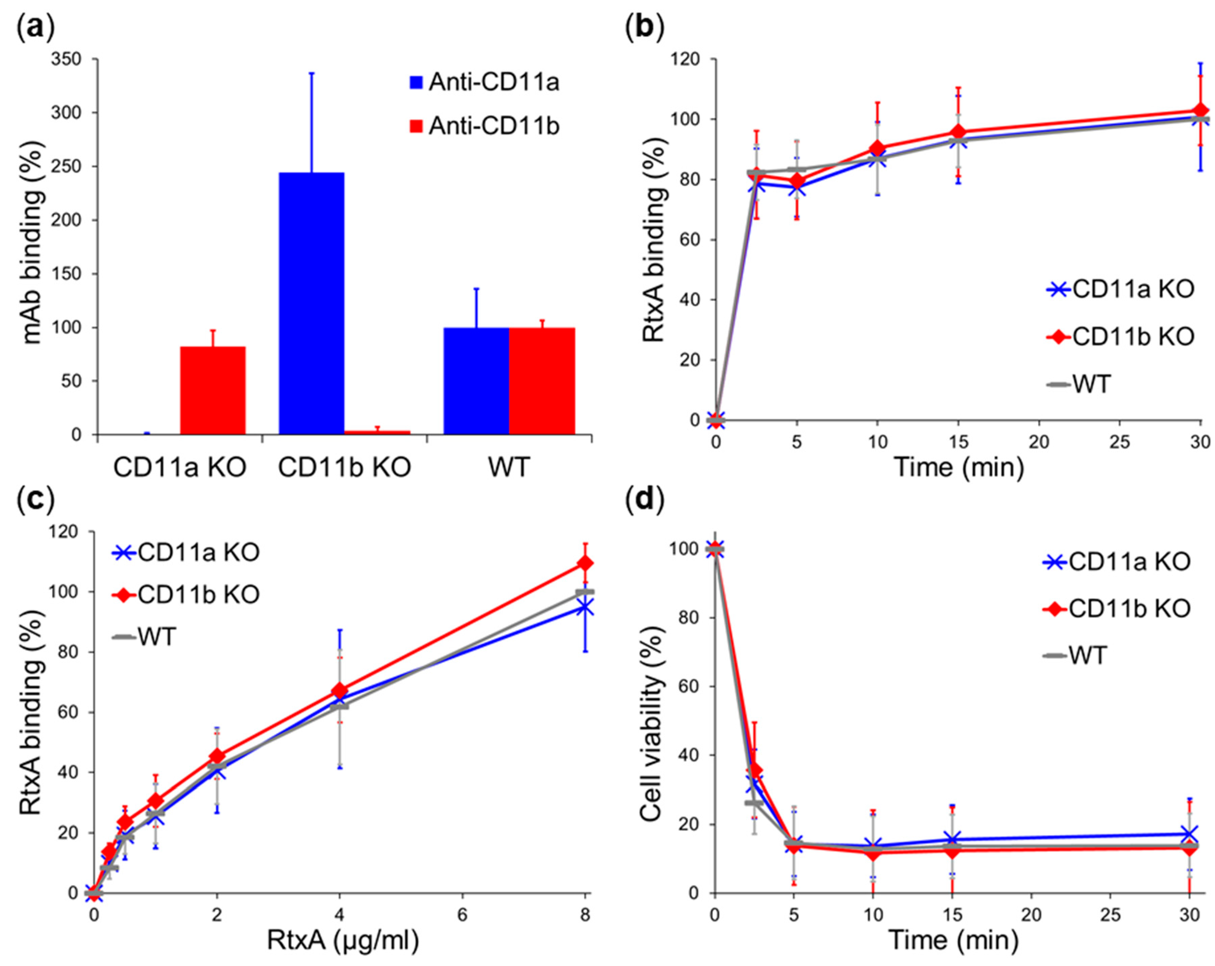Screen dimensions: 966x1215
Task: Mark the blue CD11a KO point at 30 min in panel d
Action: tap(1189, 834)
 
